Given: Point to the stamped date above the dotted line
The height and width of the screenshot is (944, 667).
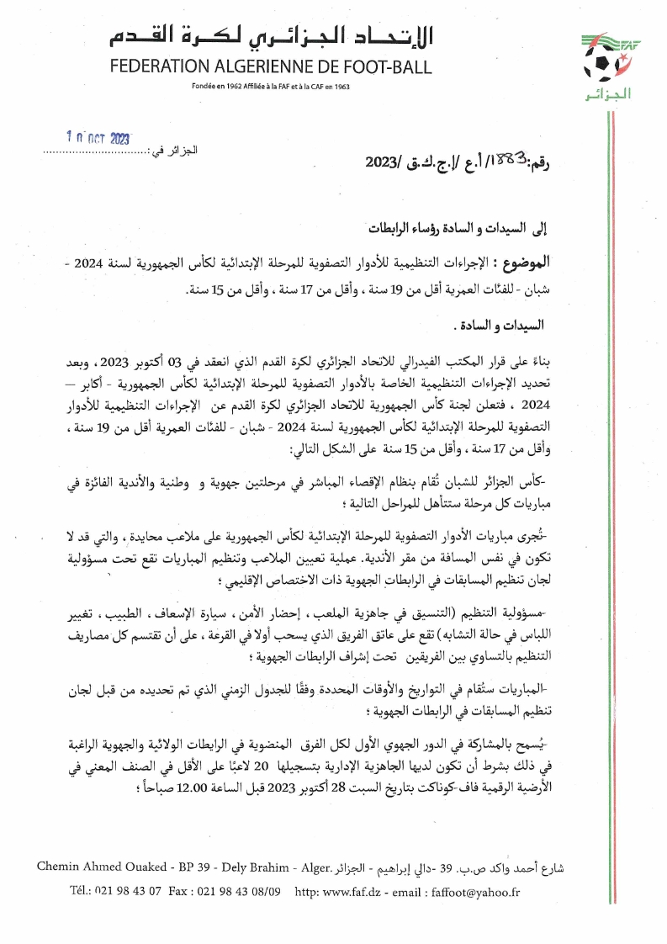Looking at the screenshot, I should pos(98,137).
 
